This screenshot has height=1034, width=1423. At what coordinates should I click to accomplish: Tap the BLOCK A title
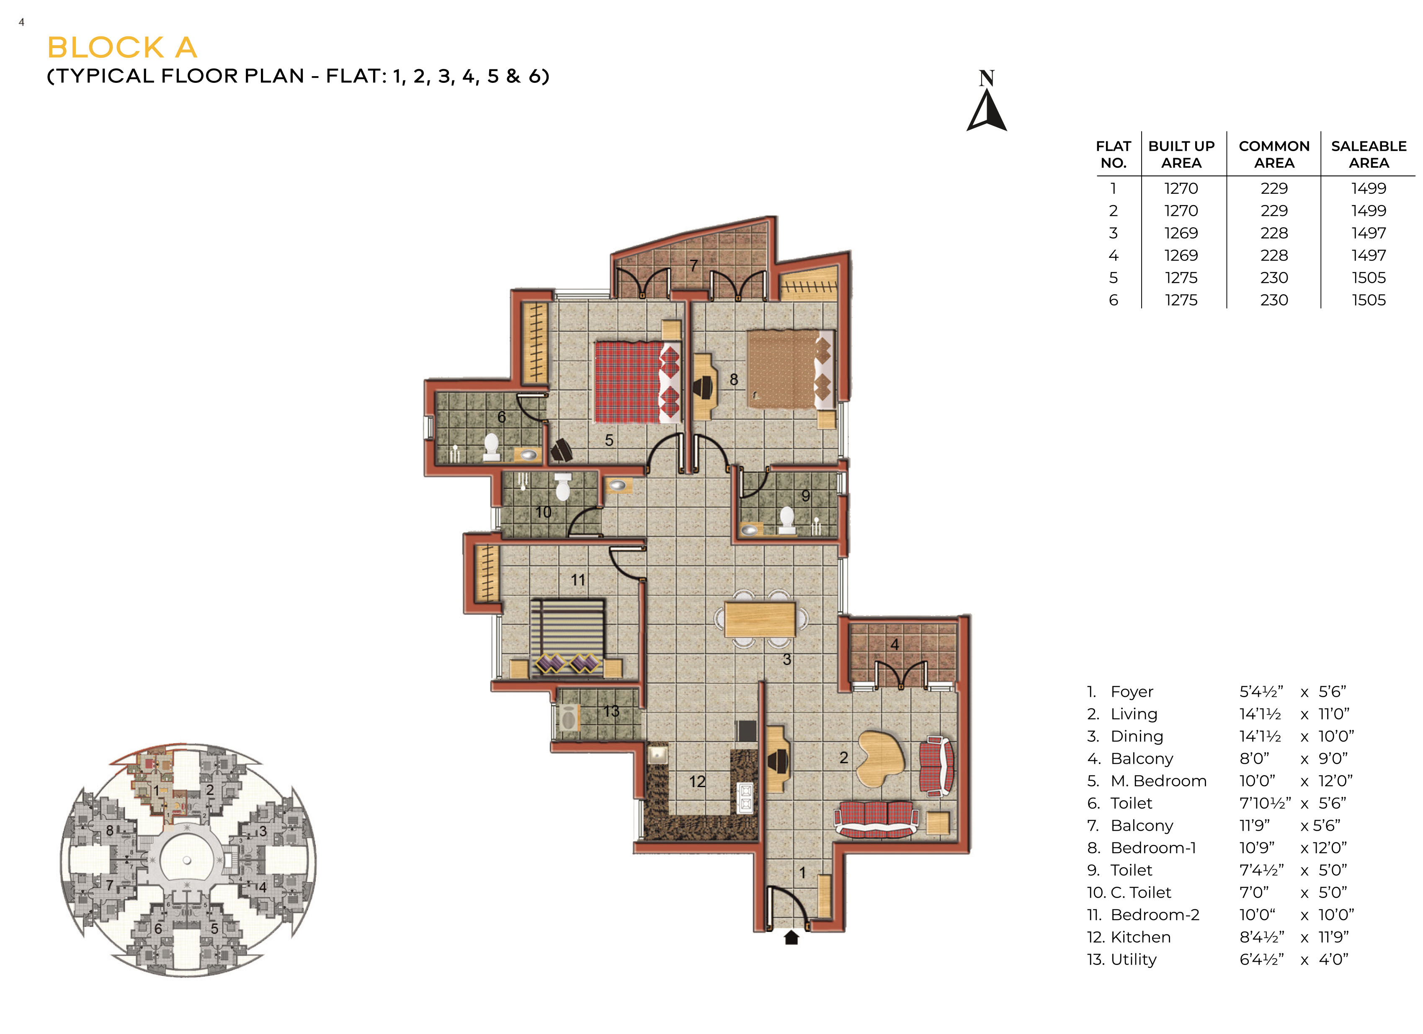(x=122, y=48)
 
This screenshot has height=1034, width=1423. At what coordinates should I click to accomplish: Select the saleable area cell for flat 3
(x=1369, y=233)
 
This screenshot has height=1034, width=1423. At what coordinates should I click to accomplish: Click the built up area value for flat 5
(x=1181, y=278)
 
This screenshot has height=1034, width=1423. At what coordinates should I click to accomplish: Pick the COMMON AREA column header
(x=1273, y=154)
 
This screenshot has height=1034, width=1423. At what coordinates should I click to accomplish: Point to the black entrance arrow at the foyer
(x=791, y=937)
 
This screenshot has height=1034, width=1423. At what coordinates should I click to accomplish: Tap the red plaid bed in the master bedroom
(x=637, y=382)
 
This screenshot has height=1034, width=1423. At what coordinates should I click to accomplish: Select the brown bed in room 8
(x=790, y=369)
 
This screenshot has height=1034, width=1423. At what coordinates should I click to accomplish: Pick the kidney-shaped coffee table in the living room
(x=881, y=759)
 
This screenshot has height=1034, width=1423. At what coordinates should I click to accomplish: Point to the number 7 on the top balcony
(x=693, y=266)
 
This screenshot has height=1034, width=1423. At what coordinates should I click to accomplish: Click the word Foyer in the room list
(x=1132, y=692)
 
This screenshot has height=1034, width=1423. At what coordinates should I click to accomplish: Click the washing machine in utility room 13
(x=568, y=718)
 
